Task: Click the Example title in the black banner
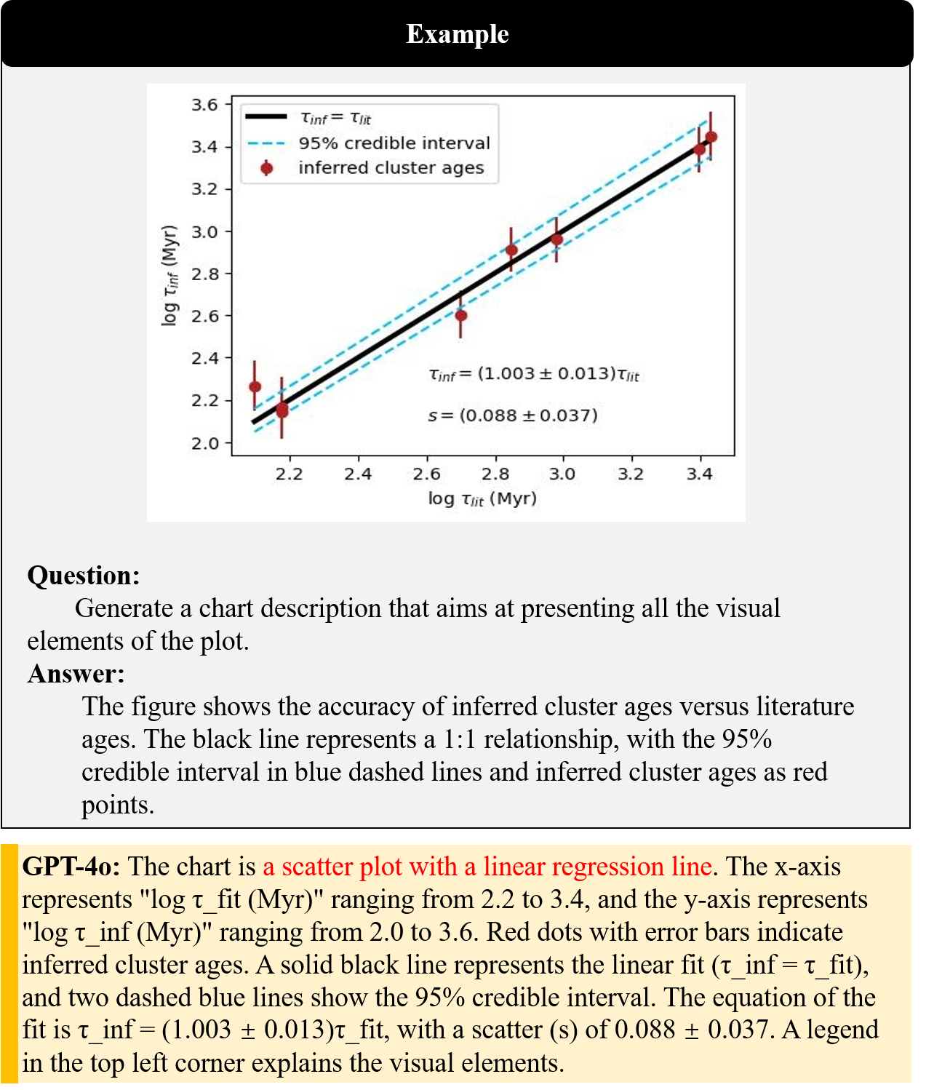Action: click(x=458, y=34)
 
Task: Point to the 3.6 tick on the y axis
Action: click(x=204, y=105)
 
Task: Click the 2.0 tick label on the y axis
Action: click(x=204, y=443)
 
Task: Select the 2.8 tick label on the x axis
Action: click(x=495, y=474)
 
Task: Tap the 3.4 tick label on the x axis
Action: click(x=700, y=474)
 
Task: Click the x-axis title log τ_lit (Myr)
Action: click(x=482, y=499)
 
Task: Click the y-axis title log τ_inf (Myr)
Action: click(x=169, y=275)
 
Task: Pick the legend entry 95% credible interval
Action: click(x=394, y=143)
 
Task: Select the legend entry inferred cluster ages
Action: click(x=391, y=168)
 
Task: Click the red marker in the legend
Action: click(x=267, y=168)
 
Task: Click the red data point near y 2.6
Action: click(x=460, y=316)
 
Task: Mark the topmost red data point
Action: click(x=711, y=137)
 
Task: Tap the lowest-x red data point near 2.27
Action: click(x=255, y=386)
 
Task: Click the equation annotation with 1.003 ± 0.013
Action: click(x=534, y=374)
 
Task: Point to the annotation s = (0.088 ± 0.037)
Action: click(x=513, y=415)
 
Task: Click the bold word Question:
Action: click(x=84, y=576)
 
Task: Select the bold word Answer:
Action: click(x=76, y=674)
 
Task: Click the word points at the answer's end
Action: click(x=117, y=805)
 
